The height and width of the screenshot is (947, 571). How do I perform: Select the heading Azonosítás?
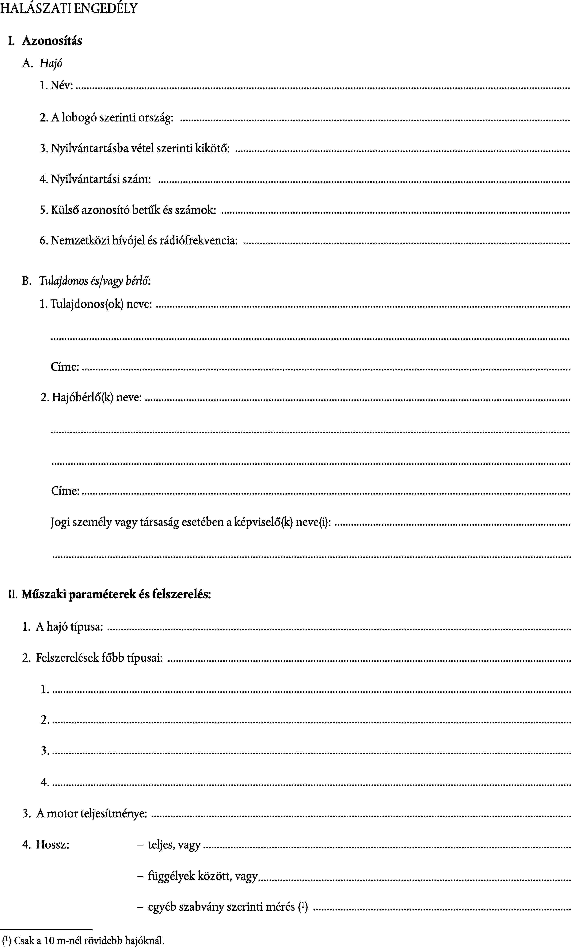tap(52, 41)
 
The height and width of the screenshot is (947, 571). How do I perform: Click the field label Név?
tap(61, 85)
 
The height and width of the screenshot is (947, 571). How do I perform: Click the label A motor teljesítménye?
tap(91, 814)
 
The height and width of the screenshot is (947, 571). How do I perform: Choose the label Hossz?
tap(53, 845)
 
